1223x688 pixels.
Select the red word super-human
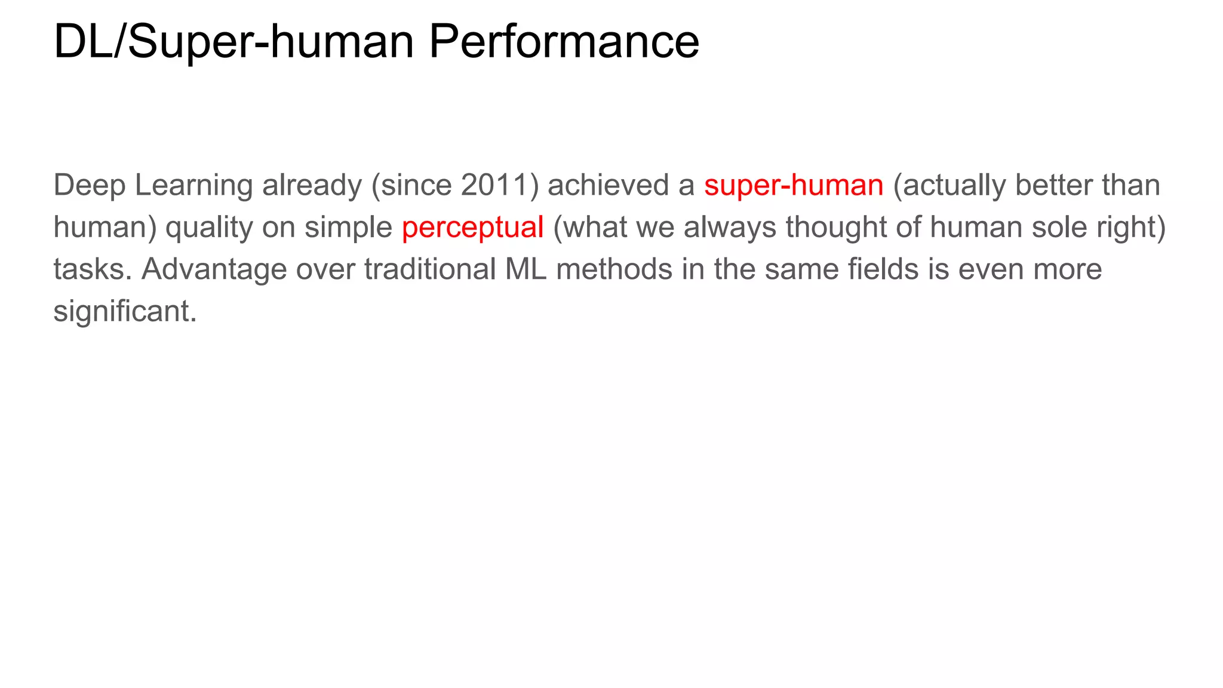[x=793, y=185]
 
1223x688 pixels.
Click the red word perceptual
[x=472, y=228]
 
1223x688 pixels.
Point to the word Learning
[x=193, y=185]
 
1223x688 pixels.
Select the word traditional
[x=430, y=269]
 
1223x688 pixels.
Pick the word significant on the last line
[x=125, y=311]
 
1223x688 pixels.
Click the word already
[x=312, y=185]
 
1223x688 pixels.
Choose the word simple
[x=348, y=228]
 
